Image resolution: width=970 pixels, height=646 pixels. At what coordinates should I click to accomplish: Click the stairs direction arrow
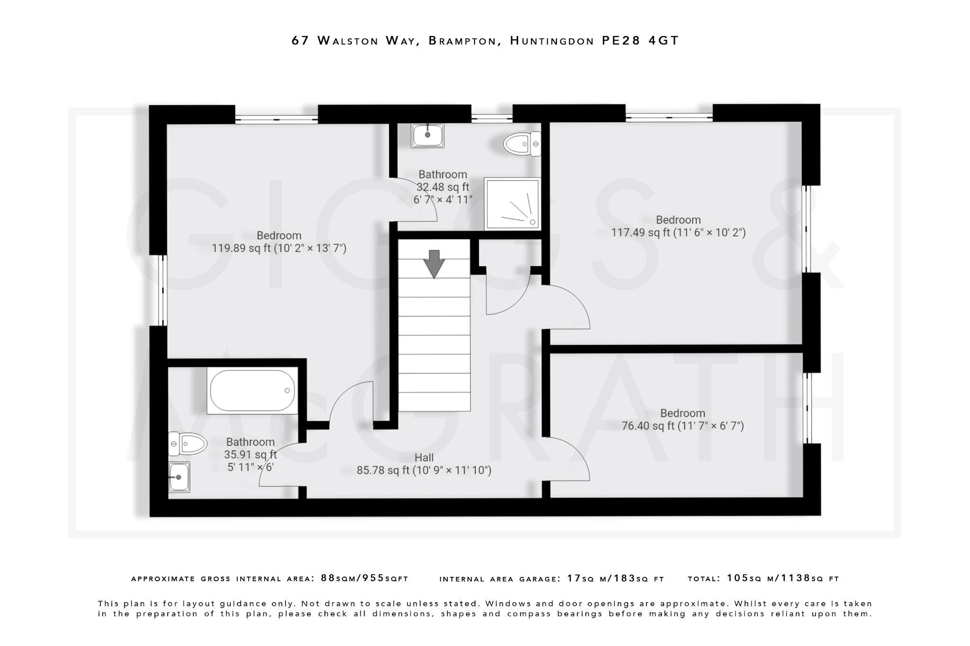click(x=434, y=264)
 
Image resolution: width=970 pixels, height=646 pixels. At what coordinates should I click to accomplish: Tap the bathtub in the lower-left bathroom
click(x=252, y=391)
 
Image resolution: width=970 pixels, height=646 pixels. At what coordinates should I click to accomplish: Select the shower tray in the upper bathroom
click(x=512, y=204)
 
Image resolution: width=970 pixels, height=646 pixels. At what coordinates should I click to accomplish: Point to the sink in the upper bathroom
click(x=428, y=135)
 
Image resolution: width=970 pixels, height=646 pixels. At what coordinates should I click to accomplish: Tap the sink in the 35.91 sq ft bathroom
click(x=180, y=477)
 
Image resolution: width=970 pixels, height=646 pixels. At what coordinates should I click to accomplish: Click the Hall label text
click(x=424, y=458)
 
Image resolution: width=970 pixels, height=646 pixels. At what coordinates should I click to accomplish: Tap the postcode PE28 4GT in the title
click(x=640, y=41)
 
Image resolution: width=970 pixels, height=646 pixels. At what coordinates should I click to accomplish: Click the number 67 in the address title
click(x=300, y=41)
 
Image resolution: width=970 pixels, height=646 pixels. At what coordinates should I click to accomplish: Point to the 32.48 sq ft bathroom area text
click(x=443, y=187)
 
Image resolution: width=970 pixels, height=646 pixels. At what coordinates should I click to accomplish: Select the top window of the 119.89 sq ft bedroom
click(x=276, y=119)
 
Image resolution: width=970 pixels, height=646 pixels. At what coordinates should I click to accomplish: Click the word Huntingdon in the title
click(x=552, y=41)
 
